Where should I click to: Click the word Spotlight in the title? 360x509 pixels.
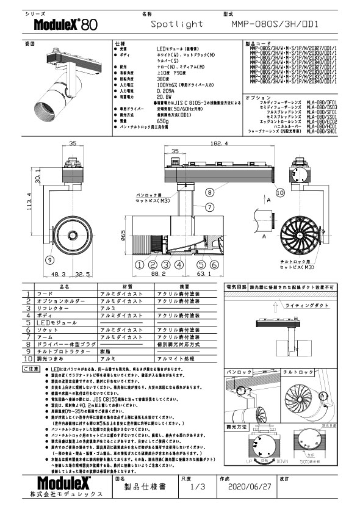point(177,25)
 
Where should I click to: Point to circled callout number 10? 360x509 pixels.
point(279,192)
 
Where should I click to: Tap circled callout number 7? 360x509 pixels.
point(209,207)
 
